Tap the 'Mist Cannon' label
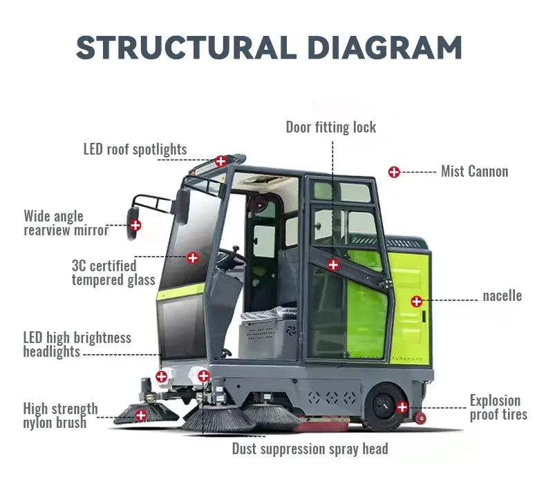pos(474,171)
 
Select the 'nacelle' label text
pos(502,296)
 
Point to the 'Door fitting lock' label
pos(331,127)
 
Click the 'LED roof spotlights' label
pos(135,149)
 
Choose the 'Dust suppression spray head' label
pos(310,449)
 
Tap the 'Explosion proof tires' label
pos(498,407)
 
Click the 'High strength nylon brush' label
pos(60,415)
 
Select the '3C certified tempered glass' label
pos(113,273)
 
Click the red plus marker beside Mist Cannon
pos(394,172)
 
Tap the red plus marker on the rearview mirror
pos(135,224)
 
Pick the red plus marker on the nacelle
pos(416,301)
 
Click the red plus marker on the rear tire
pos(402,407)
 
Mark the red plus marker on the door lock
pos(333,264)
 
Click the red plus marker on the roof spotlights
pos(220,162)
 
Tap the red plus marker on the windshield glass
pos(193,257)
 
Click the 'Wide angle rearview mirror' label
pos(66,223)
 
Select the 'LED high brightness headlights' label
pos(77,344)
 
